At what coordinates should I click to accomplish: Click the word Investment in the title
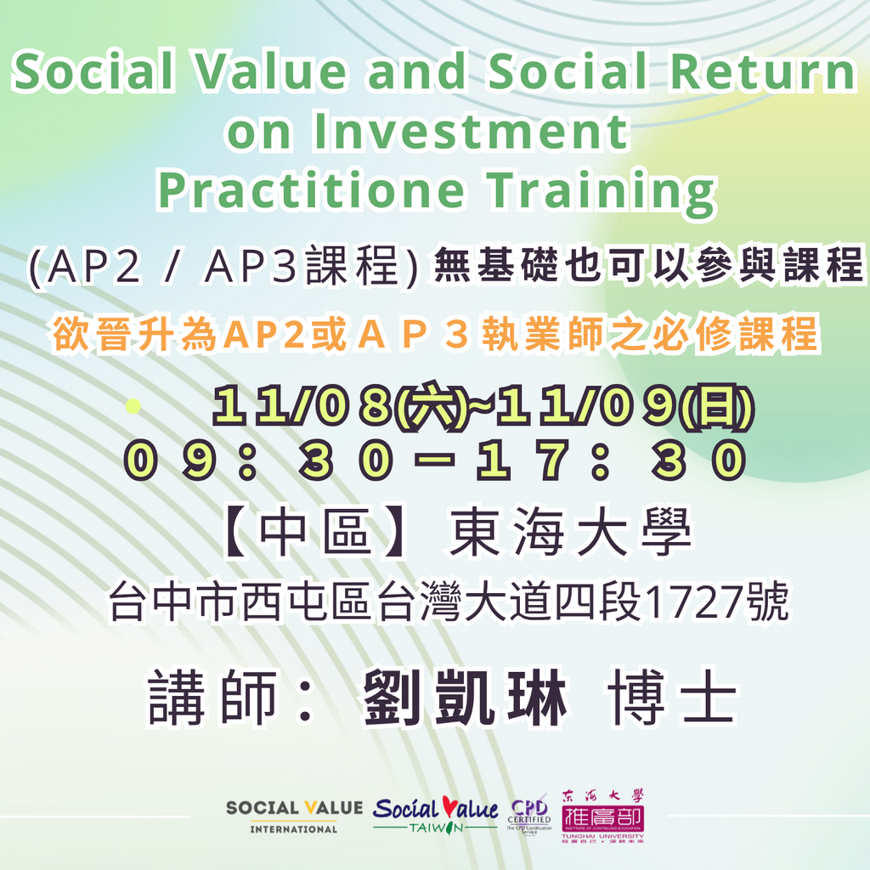471,131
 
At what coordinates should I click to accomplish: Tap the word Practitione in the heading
311,189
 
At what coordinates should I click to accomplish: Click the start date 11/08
302,405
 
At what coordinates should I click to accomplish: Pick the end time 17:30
611,460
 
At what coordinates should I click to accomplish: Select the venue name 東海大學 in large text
571,532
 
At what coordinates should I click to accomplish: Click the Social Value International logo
294,816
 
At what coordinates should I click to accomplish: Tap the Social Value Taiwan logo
436,815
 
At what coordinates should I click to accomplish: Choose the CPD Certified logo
529,815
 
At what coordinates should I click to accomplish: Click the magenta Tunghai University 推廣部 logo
603,816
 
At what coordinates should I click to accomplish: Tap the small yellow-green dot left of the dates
133,406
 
